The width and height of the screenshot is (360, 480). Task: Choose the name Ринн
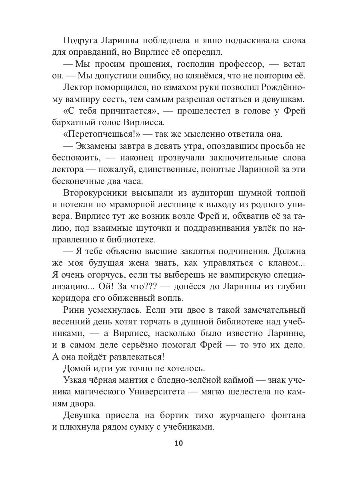tap(75, 310)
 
